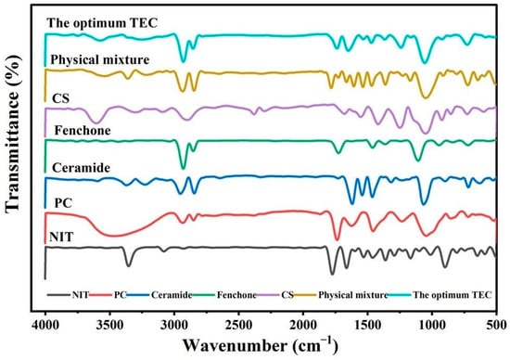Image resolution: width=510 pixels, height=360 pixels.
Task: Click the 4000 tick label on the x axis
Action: click(45, 325)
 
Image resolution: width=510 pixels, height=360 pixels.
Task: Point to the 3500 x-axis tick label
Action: click(110, 325)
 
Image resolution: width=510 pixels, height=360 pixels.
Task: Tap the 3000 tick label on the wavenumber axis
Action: click(174, 325)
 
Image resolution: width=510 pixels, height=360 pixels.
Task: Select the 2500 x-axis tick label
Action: click(238, 325)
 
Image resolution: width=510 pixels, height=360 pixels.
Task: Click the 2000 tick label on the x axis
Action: click(303, 325)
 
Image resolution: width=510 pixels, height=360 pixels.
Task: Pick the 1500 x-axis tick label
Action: click(367, 325)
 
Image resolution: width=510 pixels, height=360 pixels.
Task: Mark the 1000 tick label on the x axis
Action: click(432, 325)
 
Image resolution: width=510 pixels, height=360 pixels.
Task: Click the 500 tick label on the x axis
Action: click(497, 325)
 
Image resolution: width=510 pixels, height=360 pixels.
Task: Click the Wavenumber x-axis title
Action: click(261, 345)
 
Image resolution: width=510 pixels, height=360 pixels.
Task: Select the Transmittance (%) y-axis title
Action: click(13, 135)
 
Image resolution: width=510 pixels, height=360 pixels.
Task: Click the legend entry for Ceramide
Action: click(159, 295)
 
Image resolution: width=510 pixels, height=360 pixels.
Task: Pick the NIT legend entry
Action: click(68, 295)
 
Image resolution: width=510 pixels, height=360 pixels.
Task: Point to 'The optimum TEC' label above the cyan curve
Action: click(102, 23)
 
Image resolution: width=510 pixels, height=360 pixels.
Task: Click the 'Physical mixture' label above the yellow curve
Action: click(100, 60)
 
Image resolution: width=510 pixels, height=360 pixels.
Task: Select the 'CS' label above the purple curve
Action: click(61, 98)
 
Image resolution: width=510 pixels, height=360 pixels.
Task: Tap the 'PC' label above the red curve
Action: click(63, 203)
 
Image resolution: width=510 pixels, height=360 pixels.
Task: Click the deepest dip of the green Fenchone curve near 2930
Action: click(183, 168)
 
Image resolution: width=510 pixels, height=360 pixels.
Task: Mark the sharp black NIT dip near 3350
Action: click(129, 265)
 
